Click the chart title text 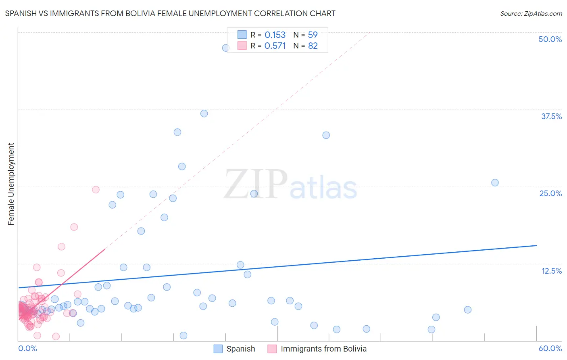[x=170, y=13]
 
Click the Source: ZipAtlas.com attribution [x=531, y=13]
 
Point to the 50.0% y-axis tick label [x=550, y=39]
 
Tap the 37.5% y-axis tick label [x=551, y=116]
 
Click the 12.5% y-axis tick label [x=551, y=271]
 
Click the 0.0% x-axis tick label [x=27, y=348]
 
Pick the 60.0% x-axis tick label [x=550, y=348]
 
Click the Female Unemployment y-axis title [x=11, y=184]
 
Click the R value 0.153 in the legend [x=275, y=35]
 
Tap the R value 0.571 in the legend [x=275, y=46]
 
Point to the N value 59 [x=313, y=35]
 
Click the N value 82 [x=313, y=46]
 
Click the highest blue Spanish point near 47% [x=226, y=48]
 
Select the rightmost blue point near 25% [x=495, y=182]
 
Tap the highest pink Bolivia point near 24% [x=96, y=189]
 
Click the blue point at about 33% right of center [x=326, y=135]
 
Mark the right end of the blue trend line [x=536, y=245]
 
